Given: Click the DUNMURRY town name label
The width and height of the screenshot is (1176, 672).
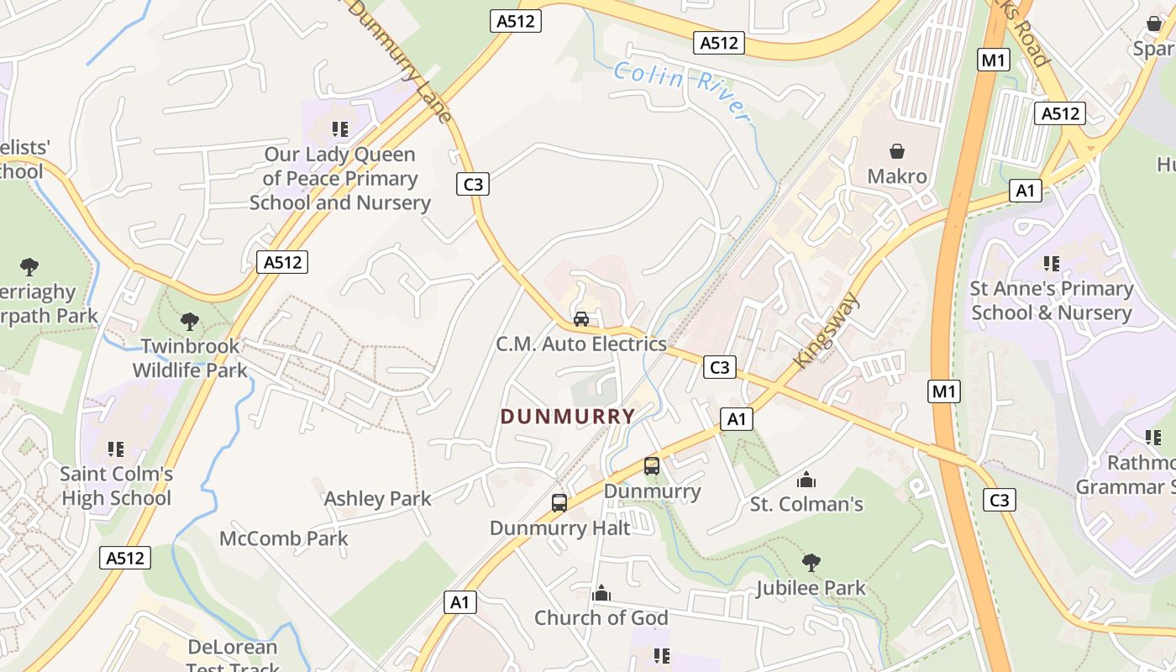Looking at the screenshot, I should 568,416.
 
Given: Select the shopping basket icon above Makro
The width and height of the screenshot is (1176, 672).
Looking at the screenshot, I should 897,151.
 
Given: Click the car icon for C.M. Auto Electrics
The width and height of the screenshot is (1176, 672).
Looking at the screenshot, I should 580,319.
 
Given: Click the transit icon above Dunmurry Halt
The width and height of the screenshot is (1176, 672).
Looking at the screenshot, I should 559,503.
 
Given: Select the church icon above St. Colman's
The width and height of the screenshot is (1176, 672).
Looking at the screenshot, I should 806,480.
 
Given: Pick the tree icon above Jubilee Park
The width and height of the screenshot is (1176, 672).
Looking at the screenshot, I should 811,562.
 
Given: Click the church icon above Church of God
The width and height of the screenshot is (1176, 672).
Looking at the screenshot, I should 601,594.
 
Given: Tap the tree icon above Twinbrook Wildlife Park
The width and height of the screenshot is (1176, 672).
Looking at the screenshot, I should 190,321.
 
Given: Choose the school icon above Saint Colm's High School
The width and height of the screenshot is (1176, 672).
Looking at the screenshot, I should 116,449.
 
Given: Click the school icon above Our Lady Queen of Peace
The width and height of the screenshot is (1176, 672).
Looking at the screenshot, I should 339,129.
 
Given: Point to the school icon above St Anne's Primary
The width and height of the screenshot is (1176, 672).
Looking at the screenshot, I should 1051,264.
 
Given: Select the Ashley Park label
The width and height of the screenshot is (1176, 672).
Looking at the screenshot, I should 377,498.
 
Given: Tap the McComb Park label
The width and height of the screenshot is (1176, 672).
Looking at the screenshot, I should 283,538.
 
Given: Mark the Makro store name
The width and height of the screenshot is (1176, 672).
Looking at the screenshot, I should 897,176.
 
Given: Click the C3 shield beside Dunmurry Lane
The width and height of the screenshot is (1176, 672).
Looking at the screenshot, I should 473,184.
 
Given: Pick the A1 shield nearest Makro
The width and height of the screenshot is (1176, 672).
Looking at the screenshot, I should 1025,191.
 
